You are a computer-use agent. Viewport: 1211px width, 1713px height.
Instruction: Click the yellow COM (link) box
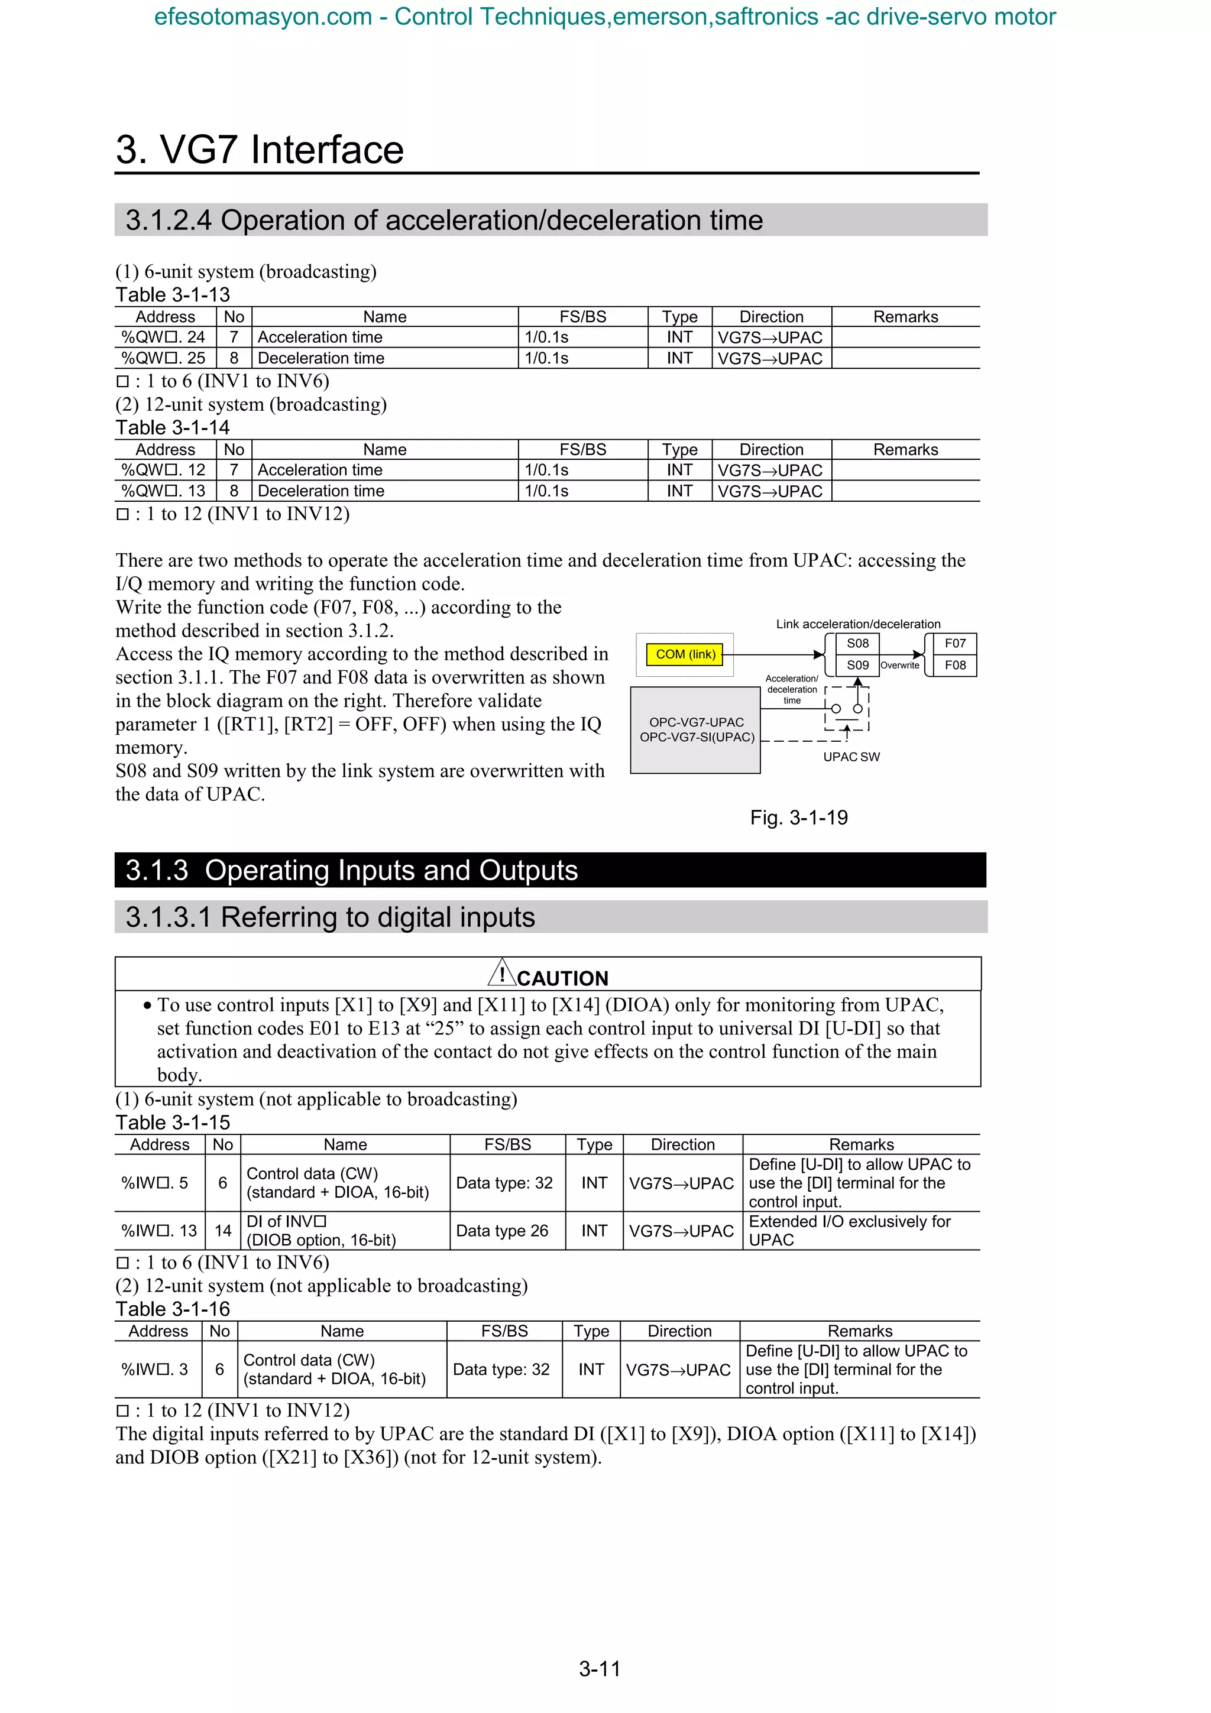point(684,654)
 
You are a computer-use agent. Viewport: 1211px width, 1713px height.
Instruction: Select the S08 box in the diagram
point(857,643)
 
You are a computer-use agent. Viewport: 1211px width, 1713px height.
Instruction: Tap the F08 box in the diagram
point(954,665)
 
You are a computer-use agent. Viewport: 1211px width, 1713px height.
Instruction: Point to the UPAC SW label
point(851,757)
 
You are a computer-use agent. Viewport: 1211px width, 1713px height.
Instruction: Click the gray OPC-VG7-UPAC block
point(695,729)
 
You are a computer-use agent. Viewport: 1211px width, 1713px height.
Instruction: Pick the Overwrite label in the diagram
point(900,666)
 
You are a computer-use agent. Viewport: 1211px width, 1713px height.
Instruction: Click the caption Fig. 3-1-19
point(798,817)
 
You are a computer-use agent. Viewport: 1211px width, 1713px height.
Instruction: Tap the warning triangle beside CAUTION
point(502,973)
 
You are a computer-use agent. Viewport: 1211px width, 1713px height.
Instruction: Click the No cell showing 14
point(222,1231)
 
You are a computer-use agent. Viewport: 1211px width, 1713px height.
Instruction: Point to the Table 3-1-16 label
point(172,1309)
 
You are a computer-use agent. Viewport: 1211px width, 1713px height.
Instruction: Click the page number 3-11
point(599,1668)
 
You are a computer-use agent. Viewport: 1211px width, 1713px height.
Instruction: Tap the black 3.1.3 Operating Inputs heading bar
point(550,870)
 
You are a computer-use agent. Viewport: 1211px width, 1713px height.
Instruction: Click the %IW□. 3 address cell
point(155,1369)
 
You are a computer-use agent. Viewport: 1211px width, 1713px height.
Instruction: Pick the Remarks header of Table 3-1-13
point(905,316)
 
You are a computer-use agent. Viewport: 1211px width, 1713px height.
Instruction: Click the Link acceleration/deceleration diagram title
point(858,624)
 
